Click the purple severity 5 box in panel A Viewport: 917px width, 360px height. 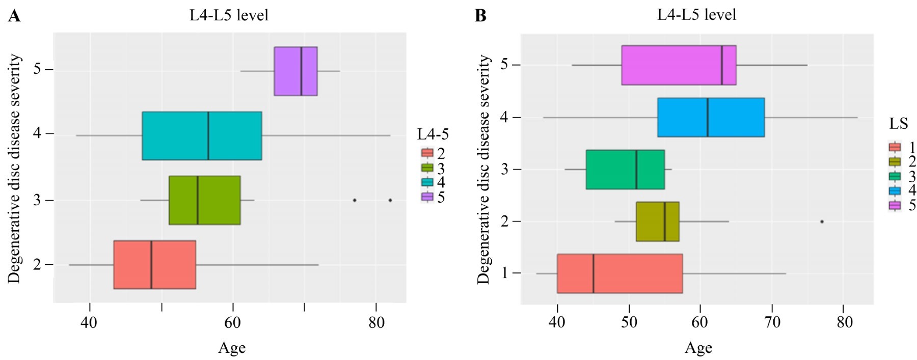click(x=295, y=71)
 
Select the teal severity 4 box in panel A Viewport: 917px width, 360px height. click(x=202, y=135)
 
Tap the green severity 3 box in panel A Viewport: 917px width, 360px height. click(x=204, y=200)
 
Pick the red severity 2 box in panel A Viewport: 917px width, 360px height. click(x=154, y=265)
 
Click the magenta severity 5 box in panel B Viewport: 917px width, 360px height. click(x=679, y=65)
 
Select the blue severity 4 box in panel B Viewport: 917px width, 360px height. click(x=711, y=118)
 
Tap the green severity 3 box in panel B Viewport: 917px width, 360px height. click(x=625, y=170)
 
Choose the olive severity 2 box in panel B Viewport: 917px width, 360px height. click(x=657, y=221)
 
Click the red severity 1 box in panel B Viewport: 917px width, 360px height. click(x=619, y=273)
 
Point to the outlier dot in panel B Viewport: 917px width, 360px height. click(x=822, y=221)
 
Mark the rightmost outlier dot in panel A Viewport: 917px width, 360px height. click(x=390, y=200)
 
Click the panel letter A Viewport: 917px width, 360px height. click(x=14, y=16)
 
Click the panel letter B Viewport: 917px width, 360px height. click(x=480, y=16)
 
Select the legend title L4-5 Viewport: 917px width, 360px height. click(x=433, y=134)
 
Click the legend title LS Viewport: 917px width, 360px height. click(x=899, y=123)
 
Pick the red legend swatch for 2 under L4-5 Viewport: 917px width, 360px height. click(x=427, y=153)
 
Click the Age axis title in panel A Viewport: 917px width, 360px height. click(x=232, y=348)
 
